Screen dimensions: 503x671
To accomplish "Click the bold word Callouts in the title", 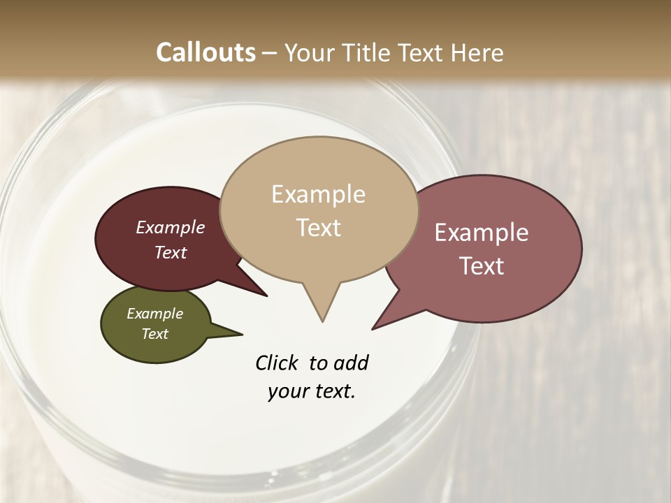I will point(205,52).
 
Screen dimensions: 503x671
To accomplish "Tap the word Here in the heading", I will point(477,52).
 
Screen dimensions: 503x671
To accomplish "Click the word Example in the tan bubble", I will point(318,194).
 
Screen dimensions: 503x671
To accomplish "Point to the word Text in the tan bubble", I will point(319,228).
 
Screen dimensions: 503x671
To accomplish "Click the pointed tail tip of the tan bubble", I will point(322,321).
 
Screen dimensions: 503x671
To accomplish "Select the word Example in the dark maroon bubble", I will point(171,227).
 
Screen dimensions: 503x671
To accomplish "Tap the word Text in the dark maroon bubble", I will point(171,252).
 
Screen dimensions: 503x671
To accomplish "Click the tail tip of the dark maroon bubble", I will point(266,296).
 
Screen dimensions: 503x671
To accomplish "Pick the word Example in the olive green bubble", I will point(155,314).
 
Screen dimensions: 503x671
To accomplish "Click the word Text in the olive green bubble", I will point(155,334).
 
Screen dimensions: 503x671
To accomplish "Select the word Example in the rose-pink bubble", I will point(482,233).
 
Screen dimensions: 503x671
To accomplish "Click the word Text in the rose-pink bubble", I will point(482,266).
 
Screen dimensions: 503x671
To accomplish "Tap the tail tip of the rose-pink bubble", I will point(373,328).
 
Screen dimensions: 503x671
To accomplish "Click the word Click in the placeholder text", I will point(278,363).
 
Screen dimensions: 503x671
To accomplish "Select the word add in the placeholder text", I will point(351,363).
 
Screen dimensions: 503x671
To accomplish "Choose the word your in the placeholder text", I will point(287,392).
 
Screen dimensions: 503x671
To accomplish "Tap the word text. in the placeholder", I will point(333,392).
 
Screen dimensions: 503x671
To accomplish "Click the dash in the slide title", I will point(270,53).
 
